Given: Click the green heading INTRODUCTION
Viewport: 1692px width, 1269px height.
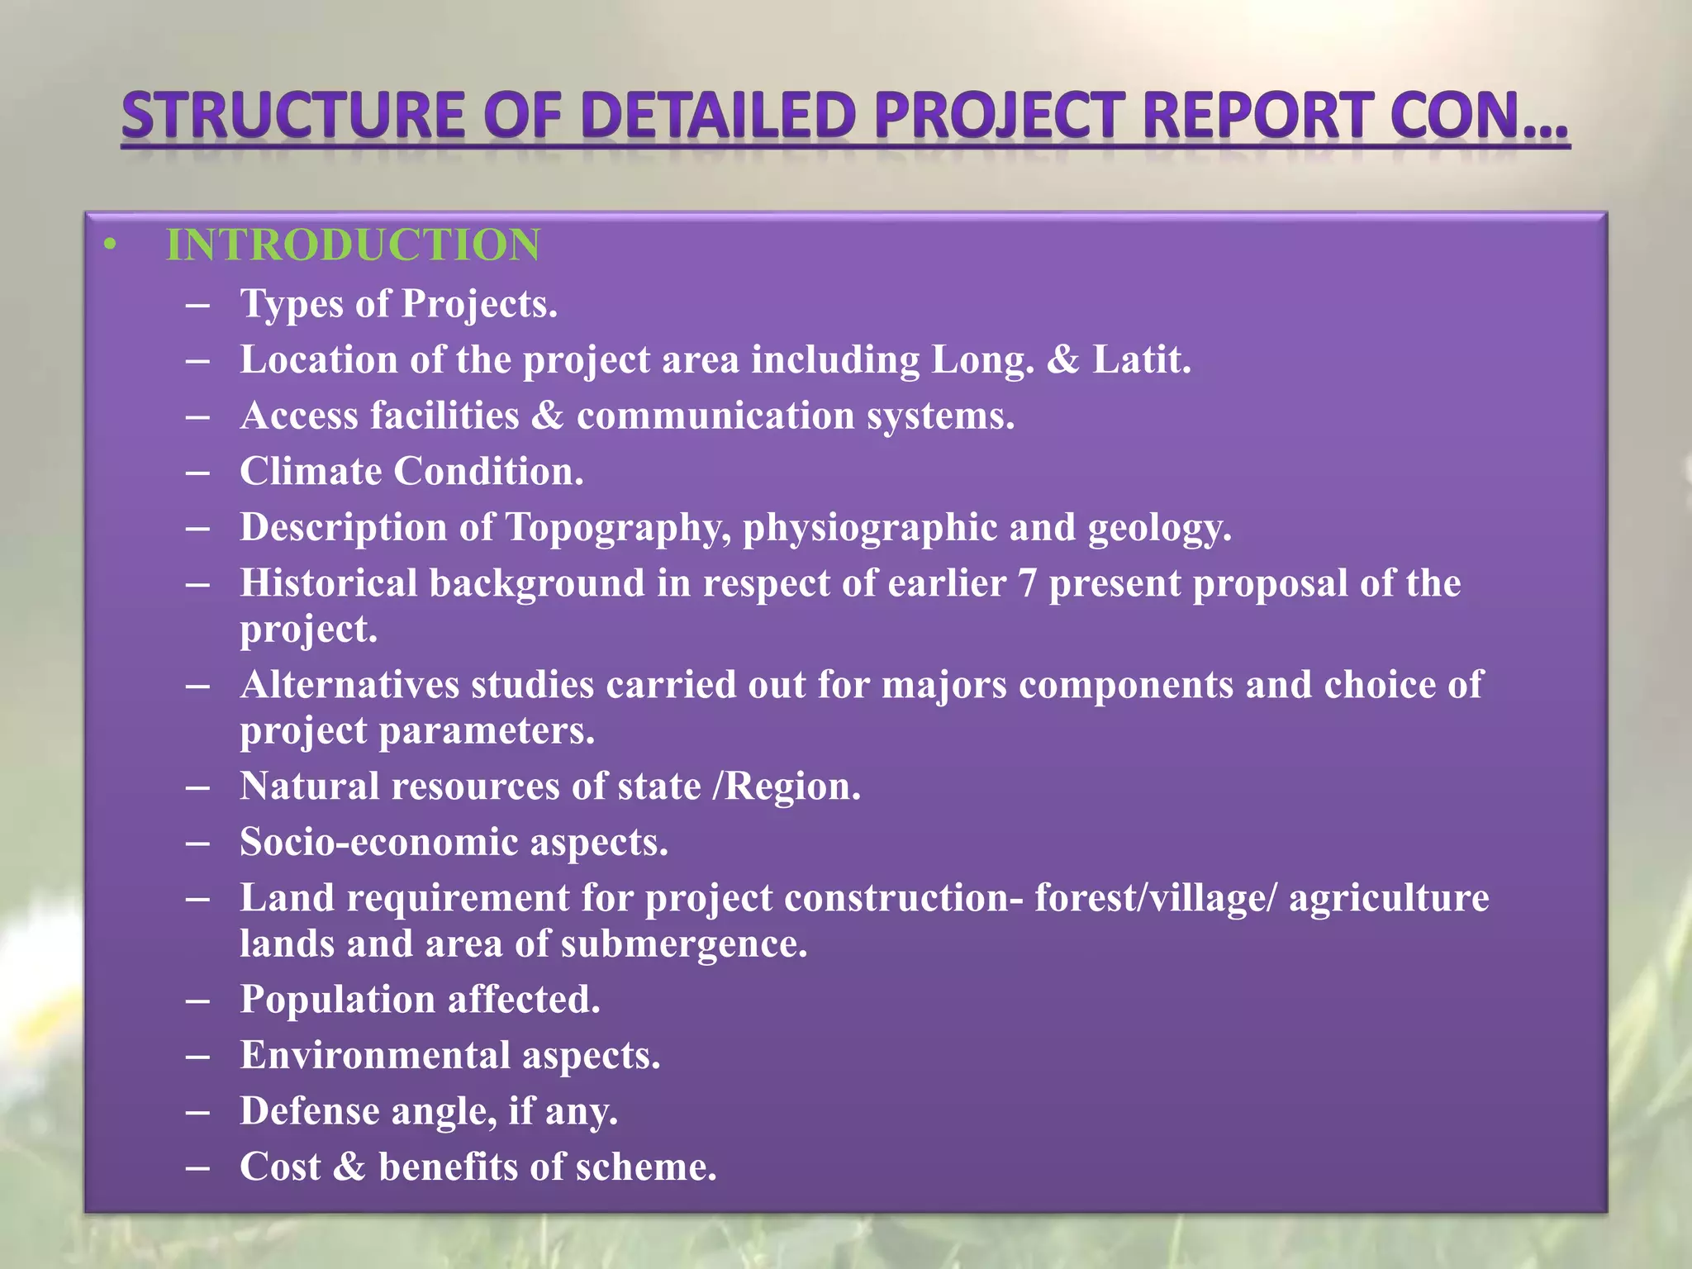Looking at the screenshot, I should [x=353, y=245].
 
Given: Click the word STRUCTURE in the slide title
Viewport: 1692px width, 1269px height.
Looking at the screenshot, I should [x=293, y=116].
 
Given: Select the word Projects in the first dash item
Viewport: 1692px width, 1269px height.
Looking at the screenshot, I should [x=479, y=304].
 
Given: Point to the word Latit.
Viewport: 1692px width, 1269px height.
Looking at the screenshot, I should [x=1142, y=360].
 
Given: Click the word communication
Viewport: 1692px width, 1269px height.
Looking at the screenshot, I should [x=715, y=416].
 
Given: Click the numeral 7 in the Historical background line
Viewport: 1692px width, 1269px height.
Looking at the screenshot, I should [x=1027, y=584].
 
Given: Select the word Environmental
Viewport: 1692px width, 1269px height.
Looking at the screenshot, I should [x=375, y=1056].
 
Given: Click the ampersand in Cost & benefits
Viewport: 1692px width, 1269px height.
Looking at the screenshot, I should [x=349, y=1167].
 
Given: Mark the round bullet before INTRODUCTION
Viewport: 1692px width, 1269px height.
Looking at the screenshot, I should [x=111, y=245].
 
